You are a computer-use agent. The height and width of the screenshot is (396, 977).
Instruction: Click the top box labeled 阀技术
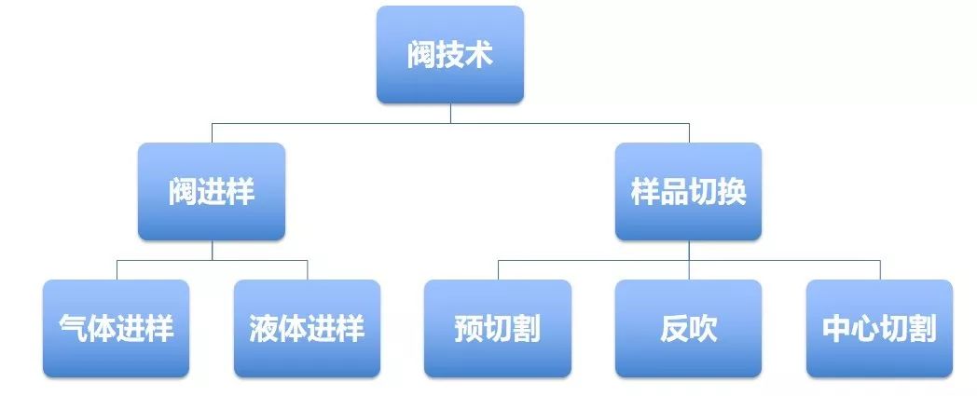[450, 54]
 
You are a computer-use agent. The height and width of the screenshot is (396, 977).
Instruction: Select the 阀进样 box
[212, 191]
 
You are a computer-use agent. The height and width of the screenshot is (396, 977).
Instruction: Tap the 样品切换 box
[688, 191]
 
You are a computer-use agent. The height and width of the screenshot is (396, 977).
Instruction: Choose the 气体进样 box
[117, 328]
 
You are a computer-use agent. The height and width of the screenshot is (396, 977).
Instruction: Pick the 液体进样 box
[307, 328]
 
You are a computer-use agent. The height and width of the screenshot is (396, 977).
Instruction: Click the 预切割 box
[498, 328]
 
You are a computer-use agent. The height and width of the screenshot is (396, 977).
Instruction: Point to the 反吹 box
[688, 328]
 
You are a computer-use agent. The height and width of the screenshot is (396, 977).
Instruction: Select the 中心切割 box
[879, 328]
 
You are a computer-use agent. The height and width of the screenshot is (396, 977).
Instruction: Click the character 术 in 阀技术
[478, 54]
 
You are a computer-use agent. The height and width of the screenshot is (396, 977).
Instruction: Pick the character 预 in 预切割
[469, 329]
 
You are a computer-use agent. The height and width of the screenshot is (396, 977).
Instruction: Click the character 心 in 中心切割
[865, 329]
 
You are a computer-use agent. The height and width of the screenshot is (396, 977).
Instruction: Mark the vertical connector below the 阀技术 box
[450, 113]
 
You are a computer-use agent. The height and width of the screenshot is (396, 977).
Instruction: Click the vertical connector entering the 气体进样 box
[117, 269]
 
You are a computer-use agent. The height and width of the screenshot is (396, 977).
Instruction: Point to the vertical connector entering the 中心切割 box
[879, 269]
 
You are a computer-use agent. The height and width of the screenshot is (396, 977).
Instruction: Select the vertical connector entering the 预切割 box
[498, 269]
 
